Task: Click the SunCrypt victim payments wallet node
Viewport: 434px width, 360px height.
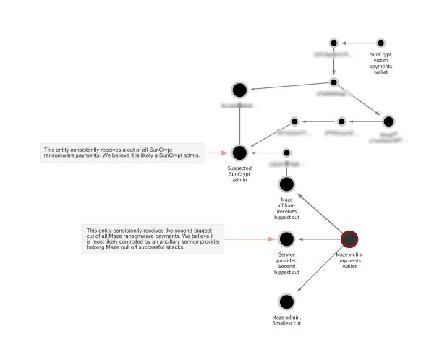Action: (380, 43)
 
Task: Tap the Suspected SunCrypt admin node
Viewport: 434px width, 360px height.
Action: (239, 153)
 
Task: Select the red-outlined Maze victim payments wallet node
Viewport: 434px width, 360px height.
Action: (349, 239)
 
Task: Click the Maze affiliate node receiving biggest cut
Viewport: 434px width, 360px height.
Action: (286, 185)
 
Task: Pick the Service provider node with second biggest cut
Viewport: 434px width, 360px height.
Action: (286, 239)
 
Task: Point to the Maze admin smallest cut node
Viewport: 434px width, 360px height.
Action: (286, 302)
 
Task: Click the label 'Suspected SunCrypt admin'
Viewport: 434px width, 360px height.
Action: (239, 173)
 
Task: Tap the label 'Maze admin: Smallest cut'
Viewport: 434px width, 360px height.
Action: (286, 320)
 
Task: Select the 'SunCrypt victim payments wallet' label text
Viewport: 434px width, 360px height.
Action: (380, 63)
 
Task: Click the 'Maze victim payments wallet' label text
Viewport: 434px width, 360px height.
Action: (349, 260)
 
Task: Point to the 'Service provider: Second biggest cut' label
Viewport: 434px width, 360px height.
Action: (286, 263)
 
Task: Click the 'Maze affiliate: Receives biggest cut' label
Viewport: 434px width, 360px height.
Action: (286, 207)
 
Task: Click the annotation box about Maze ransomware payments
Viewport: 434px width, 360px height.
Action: (153, 239)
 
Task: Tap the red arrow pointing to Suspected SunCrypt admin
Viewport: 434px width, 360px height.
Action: (216, 153)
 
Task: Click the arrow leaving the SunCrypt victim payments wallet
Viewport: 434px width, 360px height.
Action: (356, 43)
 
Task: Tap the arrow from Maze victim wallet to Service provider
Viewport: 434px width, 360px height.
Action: (318, 239)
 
